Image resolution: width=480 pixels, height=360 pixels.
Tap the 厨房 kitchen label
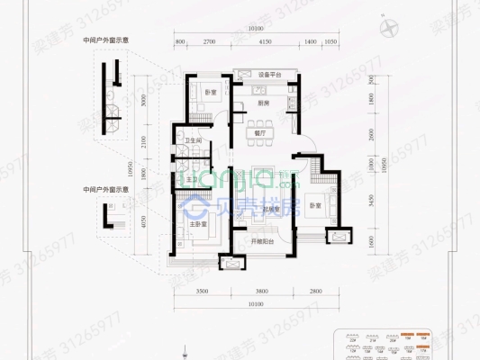tap(263, 102)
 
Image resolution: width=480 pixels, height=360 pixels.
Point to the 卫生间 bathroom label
tap(192, 141)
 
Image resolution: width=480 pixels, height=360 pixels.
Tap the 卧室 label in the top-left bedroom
tap(209, 94)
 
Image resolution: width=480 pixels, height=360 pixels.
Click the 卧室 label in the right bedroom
tap(314, 199)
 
